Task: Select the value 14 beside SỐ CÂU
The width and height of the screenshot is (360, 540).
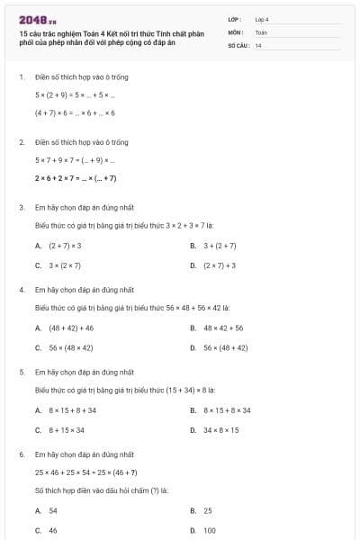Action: point(258,44)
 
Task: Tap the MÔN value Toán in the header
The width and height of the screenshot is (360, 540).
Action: point(261,31)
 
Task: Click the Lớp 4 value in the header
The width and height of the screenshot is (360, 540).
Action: point(262,19)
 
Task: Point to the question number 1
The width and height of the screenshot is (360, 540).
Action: point(21,77)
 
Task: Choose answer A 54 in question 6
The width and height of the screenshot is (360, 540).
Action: point(53,510)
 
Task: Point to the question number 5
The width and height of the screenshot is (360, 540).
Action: point(21,371)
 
